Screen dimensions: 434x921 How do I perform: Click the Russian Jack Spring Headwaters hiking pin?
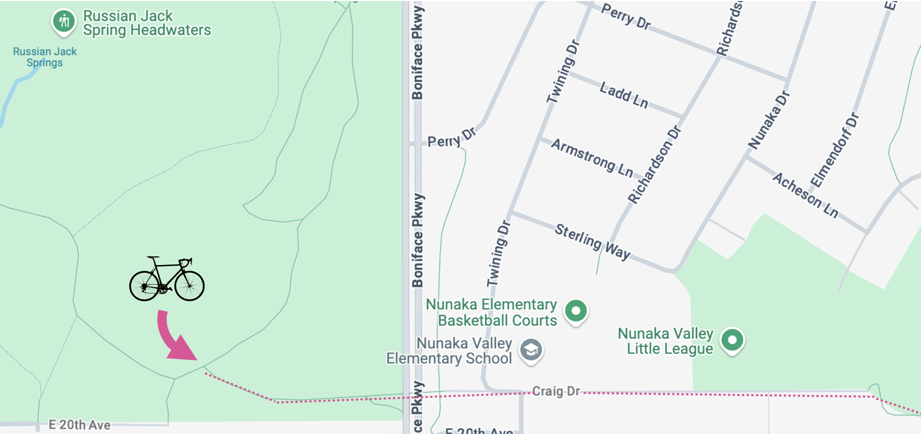(x=64, y=22)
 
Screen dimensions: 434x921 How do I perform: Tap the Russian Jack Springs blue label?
(x=44, y=57)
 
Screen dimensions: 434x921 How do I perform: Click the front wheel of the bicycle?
(x=190, y=285)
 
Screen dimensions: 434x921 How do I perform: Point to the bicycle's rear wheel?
(x=144, y=285)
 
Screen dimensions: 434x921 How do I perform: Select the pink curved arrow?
(x=174, y=338)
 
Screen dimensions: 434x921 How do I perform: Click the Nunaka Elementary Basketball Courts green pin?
(x=576, y=311)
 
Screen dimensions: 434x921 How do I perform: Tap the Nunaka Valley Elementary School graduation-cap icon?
(x=531, y=350)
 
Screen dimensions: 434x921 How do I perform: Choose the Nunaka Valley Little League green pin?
(x=732, y=340)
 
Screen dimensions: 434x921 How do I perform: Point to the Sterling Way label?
(x=592, y=241)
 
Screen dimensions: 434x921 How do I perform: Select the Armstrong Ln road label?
(x=592, y=157)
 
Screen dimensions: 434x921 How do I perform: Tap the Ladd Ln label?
(x=624, y=95)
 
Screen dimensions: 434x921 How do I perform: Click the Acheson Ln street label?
(x=805, y=195)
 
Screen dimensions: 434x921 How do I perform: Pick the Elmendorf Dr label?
(x=834, y=150)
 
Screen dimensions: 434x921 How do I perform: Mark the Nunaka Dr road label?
(x=769, y=120)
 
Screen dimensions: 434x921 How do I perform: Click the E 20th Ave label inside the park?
(x=80, y=425)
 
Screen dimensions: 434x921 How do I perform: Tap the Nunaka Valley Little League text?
(x=666, y=341)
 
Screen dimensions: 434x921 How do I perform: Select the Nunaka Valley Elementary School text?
(x=449, y=351)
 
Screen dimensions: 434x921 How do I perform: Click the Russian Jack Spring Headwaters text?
(x=147, y=23)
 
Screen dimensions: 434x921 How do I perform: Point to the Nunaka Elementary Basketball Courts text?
(x=492, y=313)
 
